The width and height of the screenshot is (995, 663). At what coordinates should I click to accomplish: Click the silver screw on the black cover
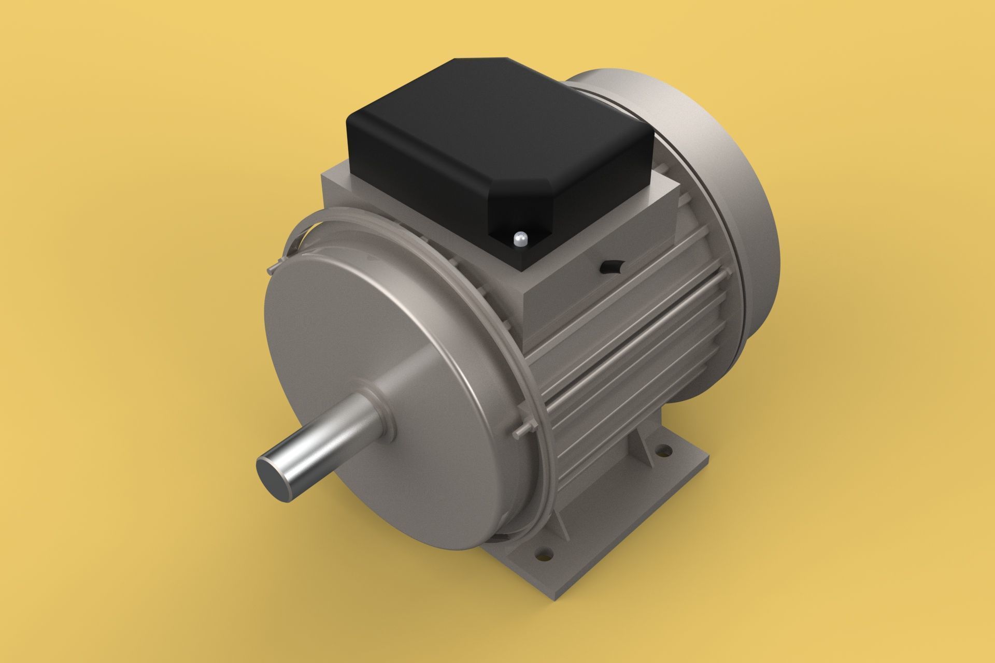click(x=520, y=239)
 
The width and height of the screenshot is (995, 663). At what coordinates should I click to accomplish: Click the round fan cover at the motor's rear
click(x=726, y=207)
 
